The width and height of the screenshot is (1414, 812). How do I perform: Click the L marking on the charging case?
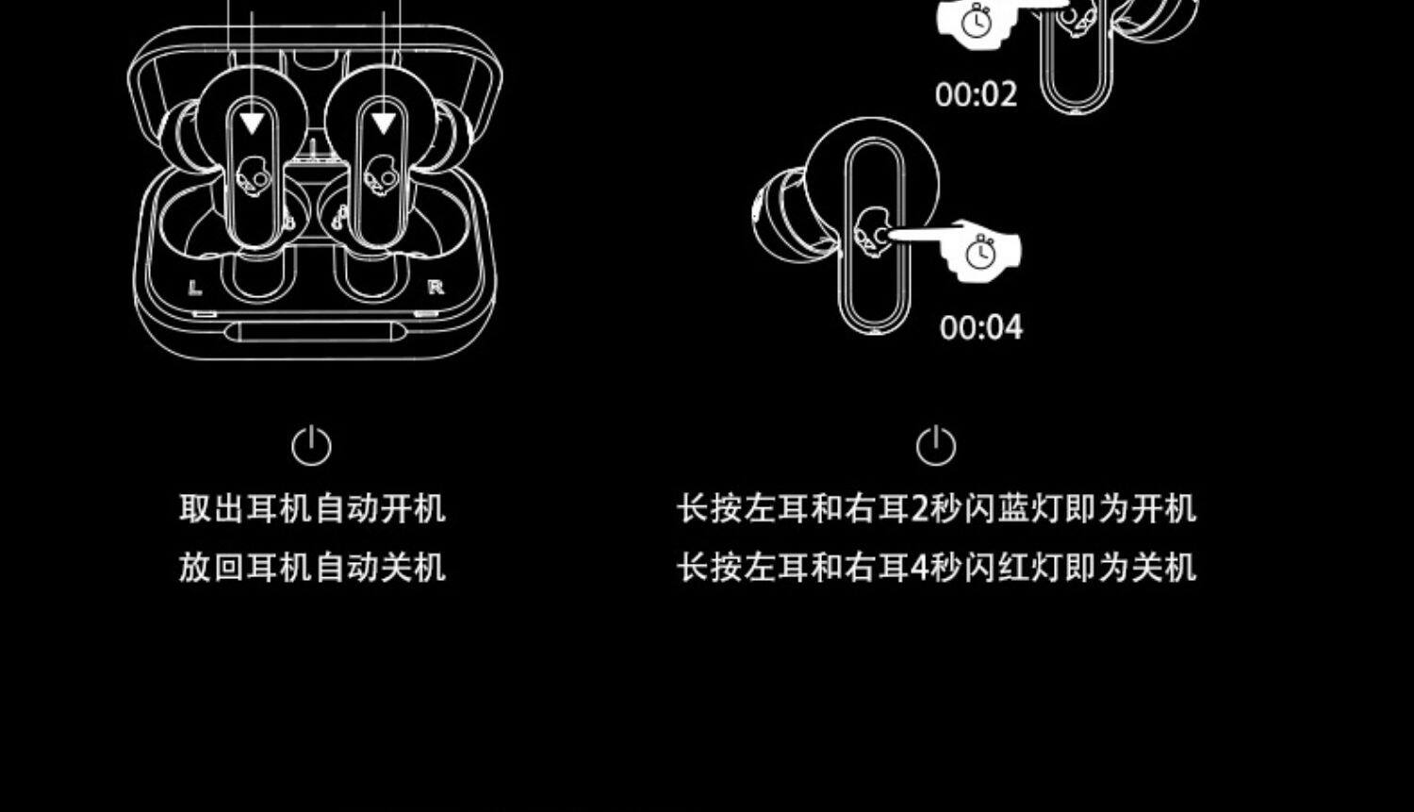tap(195, 287)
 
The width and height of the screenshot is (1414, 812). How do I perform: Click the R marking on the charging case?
tap(435, 287)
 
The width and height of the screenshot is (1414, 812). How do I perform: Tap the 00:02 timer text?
tap(976, 94)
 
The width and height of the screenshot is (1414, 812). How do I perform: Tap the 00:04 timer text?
tap(980, 327)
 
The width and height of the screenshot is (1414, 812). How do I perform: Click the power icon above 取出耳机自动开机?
tap(311, 445)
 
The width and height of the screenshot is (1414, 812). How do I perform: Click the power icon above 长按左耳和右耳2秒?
tap(936, 445)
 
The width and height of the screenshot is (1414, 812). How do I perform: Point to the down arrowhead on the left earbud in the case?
tap(252, 124)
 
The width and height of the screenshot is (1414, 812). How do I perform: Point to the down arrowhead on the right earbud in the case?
tap(383, 124)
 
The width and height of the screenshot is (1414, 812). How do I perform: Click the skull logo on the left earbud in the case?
tap(251, 176)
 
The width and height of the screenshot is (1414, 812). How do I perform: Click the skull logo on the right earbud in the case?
tap(381, 176)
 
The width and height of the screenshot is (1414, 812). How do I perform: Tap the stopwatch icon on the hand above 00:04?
tap(980, 252)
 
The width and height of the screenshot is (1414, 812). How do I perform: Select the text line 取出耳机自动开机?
tap(312, 508)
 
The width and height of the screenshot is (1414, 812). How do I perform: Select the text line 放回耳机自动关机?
tap(312, 568)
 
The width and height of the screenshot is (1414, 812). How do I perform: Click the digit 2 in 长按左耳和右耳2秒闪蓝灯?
tap(921, 508)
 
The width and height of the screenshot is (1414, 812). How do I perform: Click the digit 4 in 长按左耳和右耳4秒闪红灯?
tap(921, 568)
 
